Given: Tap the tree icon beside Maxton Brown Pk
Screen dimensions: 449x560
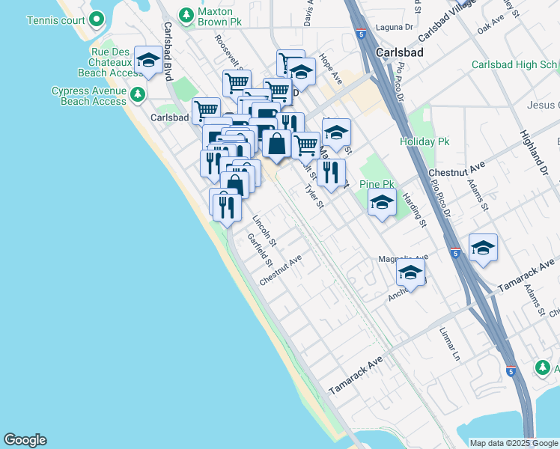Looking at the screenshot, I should point(186,14).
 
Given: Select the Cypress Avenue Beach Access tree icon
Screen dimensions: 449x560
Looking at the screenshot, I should point(137,94).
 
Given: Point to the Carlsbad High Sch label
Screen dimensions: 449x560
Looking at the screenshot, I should point(515,65).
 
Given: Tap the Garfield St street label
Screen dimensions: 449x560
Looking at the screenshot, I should point(258,250).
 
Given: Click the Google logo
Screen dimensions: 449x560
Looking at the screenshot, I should point(25,440).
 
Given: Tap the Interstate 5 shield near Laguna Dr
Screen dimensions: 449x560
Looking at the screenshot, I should point(362,34).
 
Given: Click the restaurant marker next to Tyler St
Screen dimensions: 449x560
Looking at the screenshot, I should point(331,174).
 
